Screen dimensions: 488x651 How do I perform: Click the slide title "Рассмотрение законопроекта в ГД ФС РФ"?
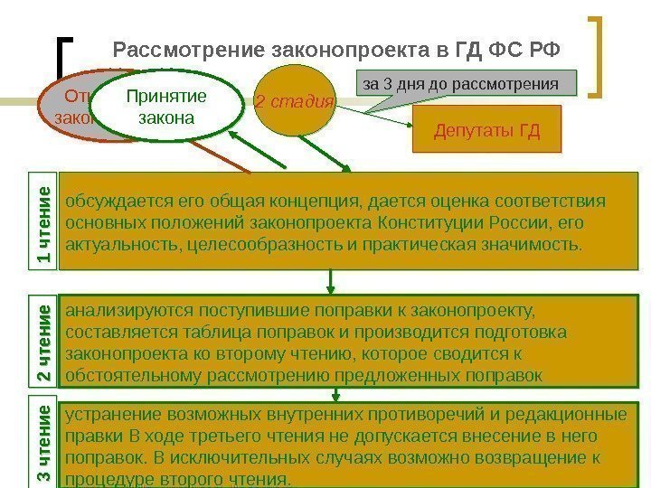pyautogui.click(x=335, y=49)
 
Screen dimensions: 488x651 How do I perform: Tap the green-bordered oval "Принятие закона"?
pyautogui.click(x=165, y=108)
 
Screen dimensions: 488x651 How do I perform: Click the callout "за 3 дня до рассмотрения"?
pyautogui.click(x=467, y=84)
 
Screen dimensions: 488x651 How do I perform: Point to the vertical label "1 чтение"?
pyautogui.click(x=43, y=221)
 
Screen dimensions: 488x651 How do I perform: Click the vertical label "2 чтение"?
pyautogui.click(x=43, y=342)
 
